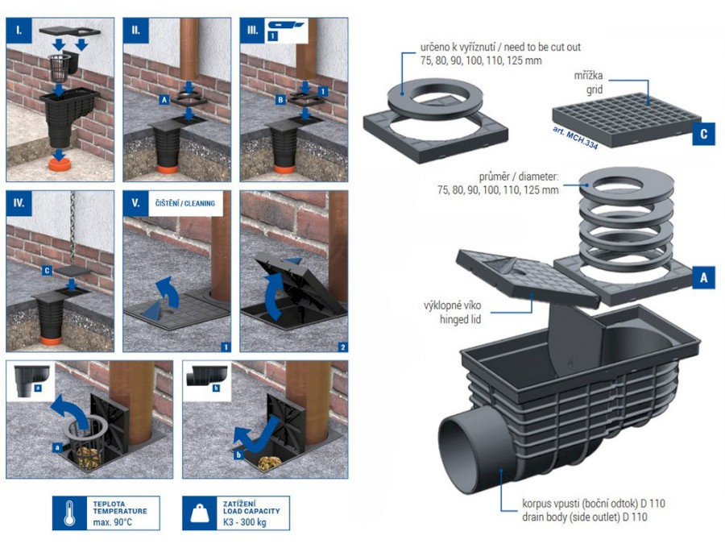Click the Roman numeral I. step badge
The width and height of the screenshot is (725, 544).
click(x=19, y=30)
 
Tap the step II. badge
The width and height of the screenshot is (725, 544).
click(x=136, y=30)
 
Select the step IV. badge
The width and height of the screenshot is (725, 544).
click(x=19, y=203)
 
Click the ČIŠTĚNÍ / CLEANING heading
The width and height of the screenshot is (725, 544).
click(x=185, y=203)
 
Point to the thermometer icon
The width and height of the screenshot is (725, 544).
click(x=69, y=513)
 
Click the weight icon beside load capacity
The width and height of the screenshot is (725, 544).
click(x=200, y=513)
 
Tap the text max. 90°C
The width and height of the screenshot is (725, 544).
click(x=112, y=523)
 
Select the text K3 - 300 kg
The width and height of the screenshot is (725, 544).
click(x=245, y=522)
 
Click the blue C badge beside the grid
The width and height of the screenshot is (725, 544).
click(x=703, y=134)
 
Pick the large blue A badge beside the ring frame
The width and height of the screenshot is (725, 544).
click(x=703, y=277)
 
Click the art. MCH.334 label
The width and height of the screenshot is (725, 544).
click(x=575, y=137)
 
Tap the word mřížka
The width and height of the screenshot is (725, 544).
click(x=588, y=76)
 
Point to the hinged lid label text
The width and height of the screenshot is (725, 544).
click(x=460, y=319)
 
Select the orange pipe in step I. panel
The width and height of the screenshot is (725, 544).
click(x=60, y=164)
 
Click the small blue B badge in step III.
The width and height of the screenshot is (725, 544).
click(x=280, y=99)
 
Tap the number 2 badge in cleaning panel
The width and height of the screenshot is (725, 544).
click(x=342, y=347)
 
